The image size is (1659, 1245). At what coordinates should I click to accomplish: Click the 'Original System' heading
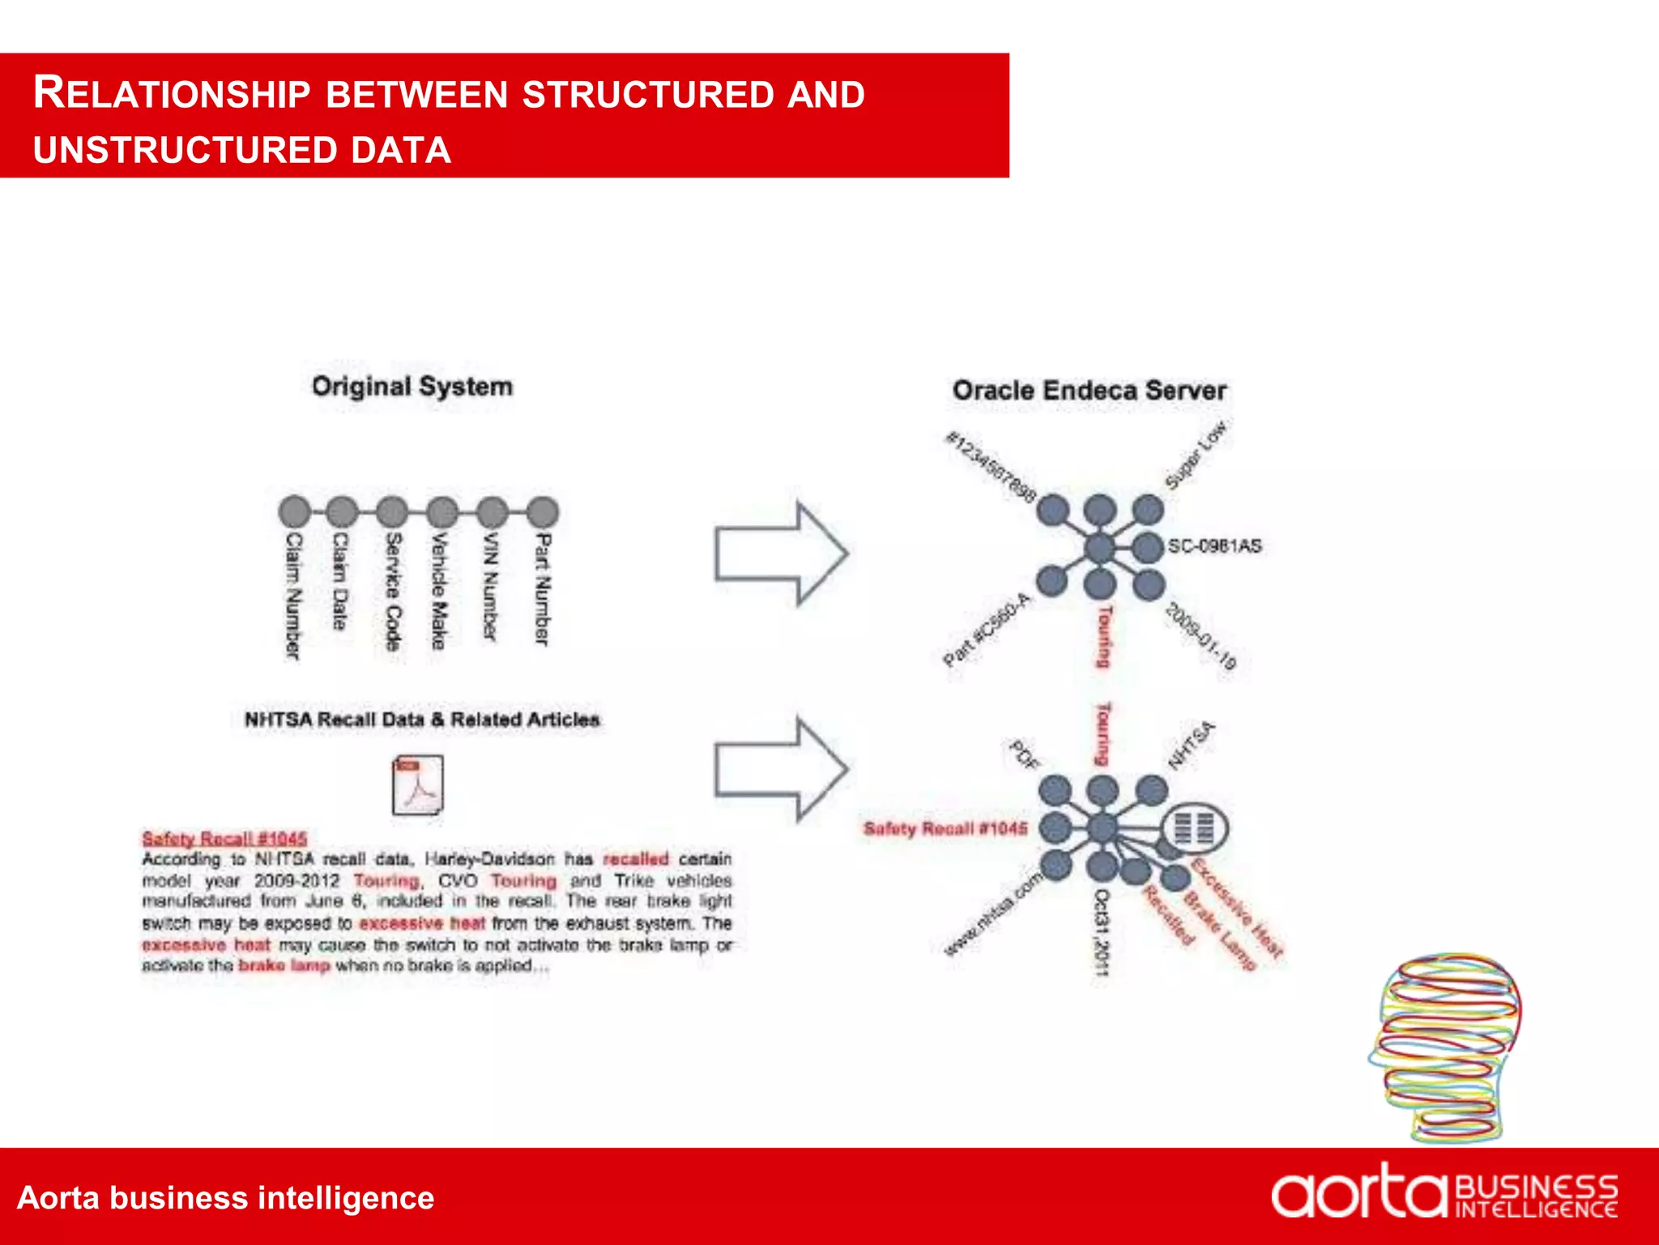click(x=412, y=387)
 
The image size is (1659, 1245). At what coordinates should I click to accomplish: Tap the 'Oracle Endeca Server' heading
click(x=1089, y=391)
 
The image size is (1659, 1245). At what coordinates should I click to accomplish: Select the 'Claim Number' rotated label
click(x=293, y=596)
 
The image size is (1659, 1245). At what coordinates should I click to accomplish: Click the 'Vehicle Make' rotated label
click(x=439, y=591)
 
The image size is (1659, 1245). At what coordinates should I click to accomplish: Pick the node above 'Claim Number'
click(x=295, y=512)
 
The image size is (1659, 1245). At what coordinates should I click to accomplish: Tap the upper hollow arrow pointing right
click(x=781, y=554)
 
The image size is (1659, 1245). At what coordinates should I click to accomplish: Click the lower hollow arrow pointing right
click(x=781, y=768)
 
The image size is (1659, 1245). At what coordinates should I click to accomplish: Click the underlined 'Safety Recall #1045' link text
click(x=224, y=838)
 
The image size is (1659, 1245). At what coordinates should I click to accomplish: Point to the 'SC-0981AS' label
click(x=1214, y=546)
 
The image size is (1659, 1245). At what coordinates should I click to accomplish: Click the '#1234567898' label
click(x=991, y=467)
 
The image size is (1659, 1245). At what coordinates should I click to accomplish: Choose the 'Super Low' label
click(x=1196, y=456)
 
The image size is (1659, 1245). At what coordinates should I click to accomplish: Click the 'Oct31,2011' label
click(x=1102, y=931)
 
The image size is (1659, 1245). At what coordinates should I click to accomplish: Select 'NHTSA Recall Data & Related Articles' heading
click(x=422, y=720)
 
